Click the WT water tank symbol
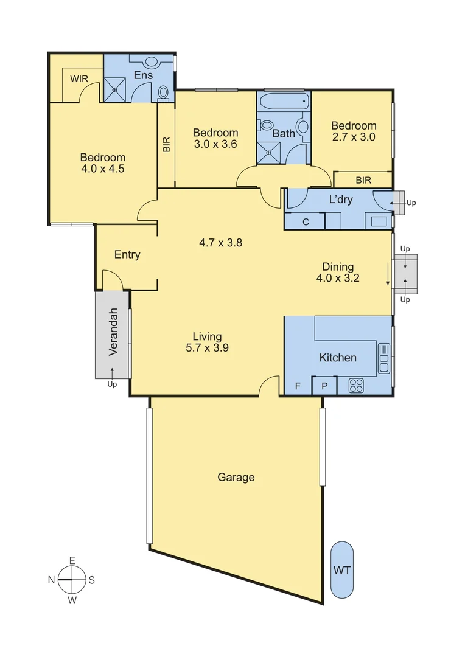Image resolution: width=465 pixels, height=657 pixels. click(x=342, y=571)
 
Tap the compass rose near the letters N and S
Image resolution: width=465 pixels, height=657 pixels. click(x=72, y=580)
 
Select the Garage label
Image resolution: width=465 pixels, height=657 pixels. click(x=236, y=478)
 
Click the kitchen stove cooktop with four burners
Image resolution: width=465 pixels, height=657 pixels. click(x=356, y=385)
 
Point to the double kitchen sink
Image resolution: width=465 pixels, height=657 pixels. click(x=384, y=359)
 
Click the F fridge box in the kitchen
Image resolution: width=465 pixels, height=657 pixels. click(x=298, y=386)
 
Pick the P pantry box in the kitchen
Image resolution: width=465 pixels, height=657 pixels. click(x=324, y=386)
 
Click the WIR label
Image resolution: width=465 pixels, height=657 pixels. click(x=79, y=79)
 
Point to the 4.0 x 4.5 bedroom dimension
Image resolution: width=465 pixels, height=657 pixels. click(x=103, y=169)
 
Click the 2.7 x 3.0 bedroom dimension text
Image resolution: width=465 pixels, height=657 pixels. click(x=353, y=137)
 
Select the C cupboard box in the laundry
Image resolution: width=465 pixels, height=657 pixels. click(x=306, y=222)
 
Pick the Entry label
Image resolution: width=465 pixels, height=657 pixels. click(x=127, y=255)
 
